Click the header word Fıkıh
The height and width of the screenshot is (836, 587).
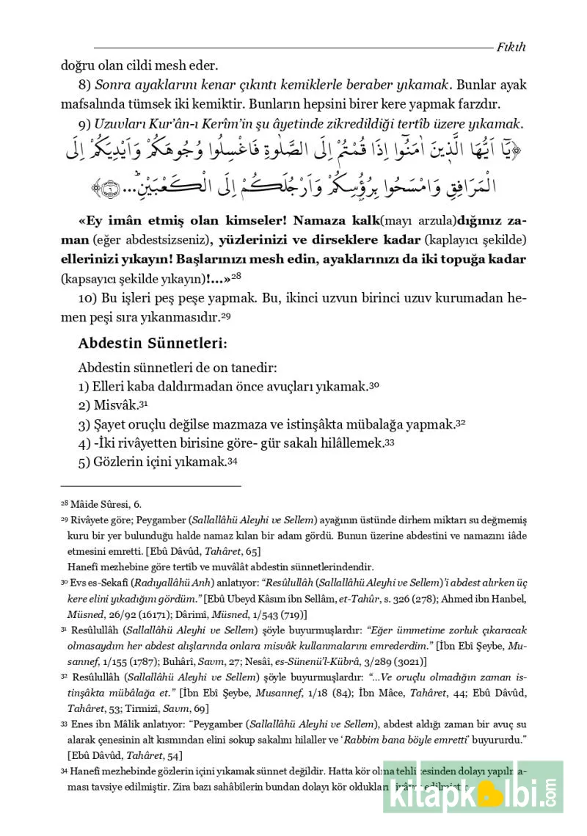click(x=511, y=47)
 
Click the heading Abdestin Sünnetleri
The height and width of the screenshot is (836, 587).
click(x=153, y=343)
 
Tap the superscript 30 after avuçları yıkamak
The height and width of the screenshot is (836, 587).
click(x=374, y=385)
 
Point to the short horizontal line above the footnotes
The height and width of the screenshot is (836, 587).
click(x=150, y=485)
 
